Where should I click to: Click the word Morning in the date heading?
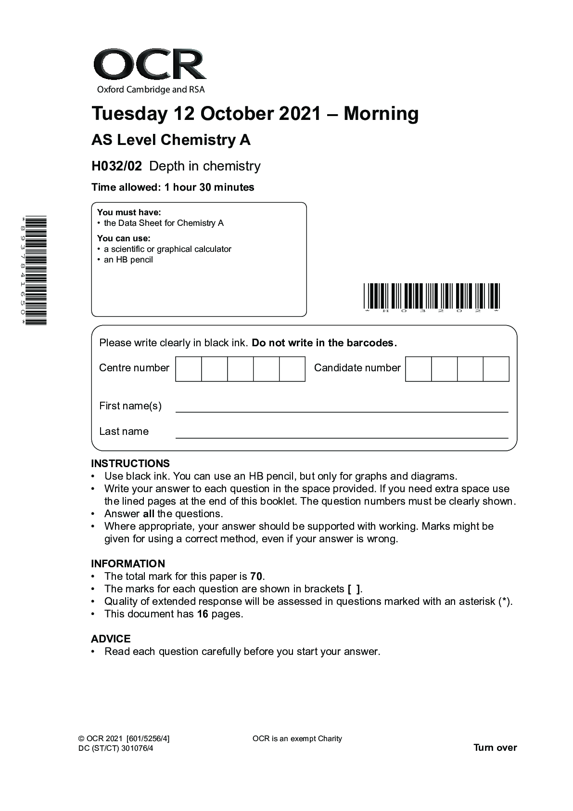(x=381, y=114)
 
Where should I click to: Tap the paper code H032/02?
(x=117, y=166)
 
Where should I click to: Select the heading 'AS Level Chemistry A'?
(x=171, y=140)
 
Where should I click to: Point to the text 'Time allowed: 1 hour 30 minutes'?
(x=173, y=187)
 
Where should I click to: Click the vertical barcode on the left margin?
(x=35, y=271)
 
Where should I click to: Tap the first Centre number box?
(x=189, y=369)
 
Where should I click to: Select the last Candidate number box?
(x=496, y=369)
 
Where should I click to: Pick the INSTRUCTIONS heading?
(x=130, y=464)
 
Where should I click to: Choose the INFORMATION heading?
(x=128, y=564)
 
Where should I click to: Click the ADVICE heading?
(x=111, y=639)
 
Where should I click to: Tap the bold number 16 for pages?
(x=203, y=614)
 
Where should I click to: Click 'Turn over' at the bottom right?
(x=495, y=748)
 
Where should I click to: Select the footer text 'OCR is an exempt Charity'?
(x=297, y=739)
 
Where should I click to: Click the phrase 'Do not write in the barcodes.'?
(x=324, y=343)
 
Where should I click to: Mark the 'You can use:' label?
(x=124, y=238)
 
